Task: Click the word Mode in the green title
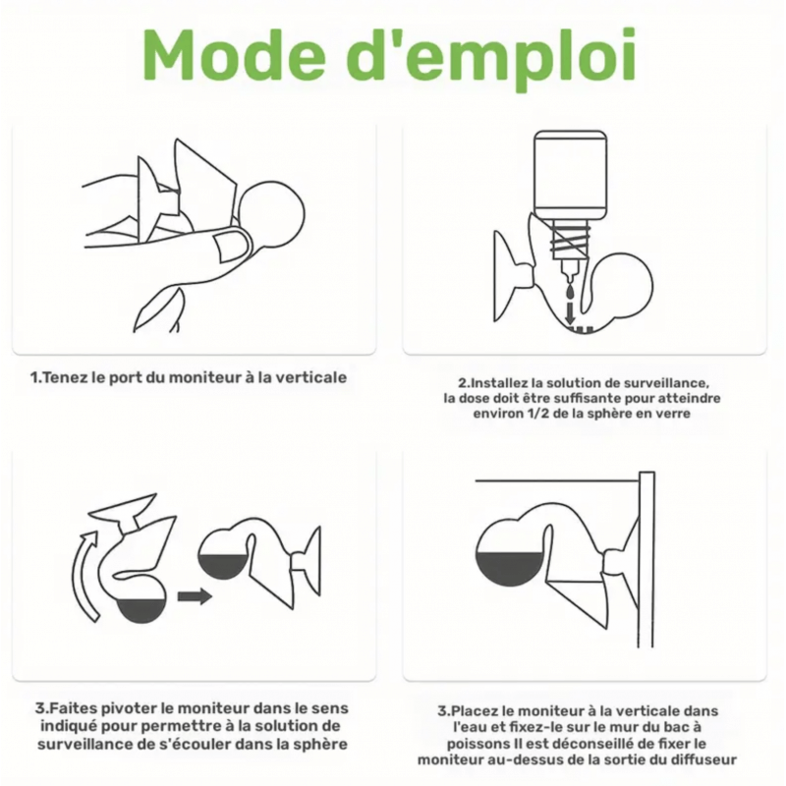coord(234,55)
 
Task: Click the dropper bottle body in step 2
coord(571,175)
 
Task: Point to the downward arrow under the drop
coord(570,313)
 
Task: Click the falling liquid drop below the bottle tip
coord(570,292)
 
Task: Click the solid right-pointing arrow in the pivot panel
coord(195,596)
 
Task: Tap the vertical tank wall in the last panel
coord(646,559)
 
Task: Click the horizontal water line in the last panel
coord(557,481)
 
